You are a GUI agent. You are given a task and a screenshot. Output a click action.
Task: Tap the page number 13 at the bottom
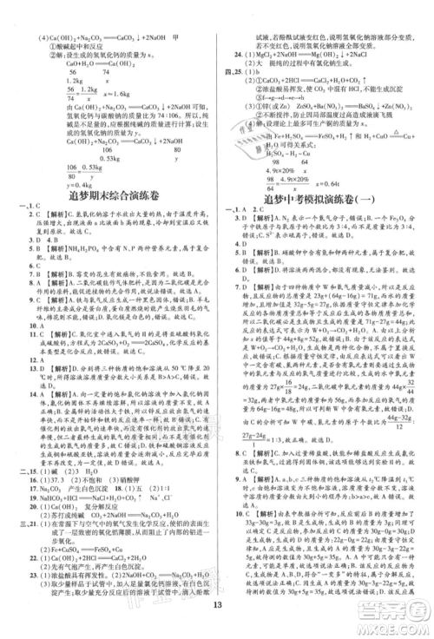218,617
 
